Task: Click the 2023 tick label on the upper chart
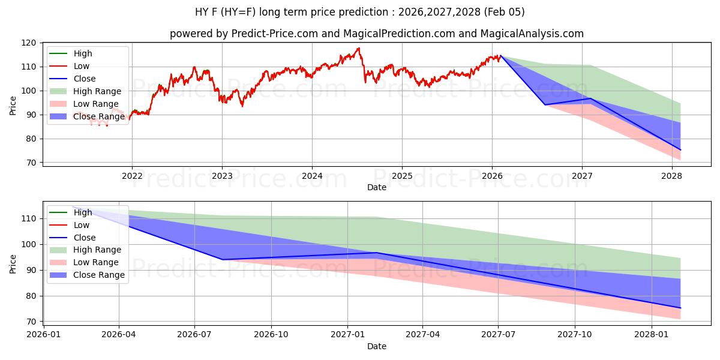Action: [x=222, y=176]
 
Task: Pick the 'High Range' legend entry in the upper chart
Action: [x=97, y=91]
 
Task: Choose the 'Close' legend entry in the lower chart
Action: [x=85, y=238]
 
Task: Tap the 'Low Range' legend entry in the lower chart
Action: [x=96, y=262]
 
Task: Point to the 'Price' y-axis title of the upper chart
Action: [x=13, y=105]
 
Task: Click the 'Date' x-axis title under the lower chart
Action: [x=376, y=346]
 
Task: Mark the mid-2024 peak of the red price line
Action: [x=359, y=48]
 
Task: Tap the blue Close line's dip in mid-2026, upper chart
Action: [x=545, y=104]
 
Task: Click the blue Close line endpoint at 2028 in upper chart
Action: [x=680, y=150]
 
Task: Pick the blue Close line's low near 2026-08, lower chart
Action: [x=223, y=259]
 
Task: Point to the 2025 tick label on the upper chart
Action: [x=402, y=176]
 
